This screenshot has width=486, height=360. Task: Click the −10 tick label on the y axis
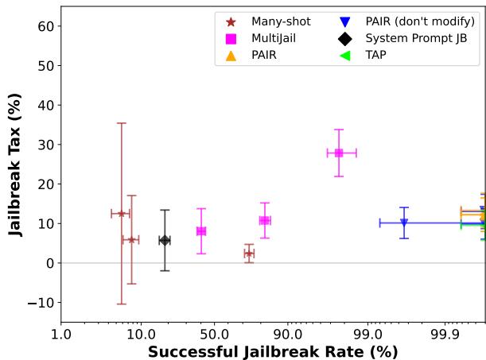pyautogui.click(x=38, y=303)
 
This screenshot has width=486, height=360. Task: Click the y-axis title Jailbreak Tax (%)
pyautogui.click(x=15, y=164)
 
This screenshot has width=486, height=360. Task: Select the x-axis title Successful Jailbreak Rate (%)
pyautogui.click(x=273, y=350)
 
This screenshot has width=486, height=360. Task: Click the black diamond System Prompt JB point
pyautogui.click(x=165, y=240)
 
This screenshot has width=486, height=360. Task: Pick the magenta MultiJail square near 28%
pyautogui.click(x=339, y=153)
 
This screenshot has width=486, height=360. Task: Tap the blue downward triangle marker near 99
pyautogui.click(x=404, y=223)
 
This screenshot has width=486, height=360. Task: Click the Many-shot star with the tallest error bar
pyautogui.click(x=121, y=213)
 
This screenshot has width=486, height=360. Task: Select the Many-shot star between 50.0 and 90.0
pyautogui.click(x=249, y=254)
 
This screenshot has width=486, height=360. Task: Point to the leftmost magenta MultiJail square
pyautogui.click(x=201, y=231)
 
